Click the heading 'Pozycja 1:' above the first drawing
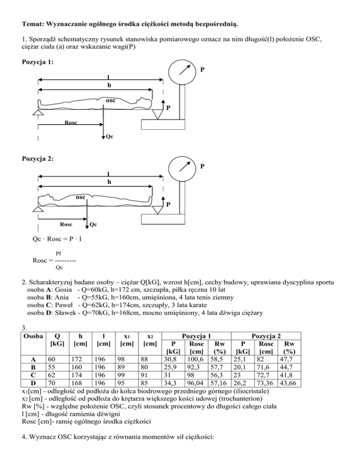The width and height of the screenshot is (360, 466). coord(37,62)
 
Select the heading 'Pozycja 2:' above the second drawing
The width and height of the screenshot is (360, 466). coord(37,158)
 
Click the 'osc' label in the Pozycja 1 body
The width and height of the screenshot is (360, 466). coord(111,101)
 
